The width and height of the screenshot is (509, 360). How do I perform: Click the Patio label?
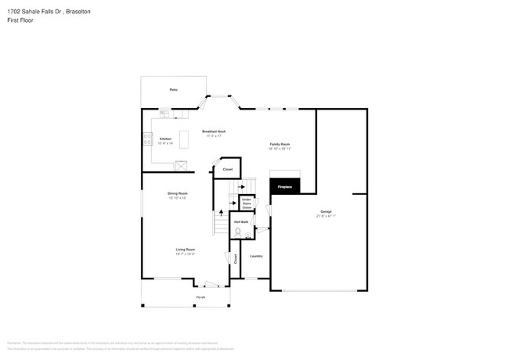173,91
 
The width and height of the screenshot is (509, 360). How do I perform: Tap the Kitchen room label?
165,139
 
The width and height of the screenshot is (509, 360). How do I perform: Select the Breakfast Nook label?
213,131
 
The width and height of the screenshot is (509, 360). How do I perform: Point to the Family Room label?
280,144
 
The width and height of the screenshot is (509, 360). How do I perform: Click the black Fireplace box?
284,186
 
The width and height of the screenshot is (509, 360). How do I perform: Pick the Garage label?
326,212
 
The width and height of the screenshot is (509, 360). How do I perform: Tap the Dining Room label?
177,193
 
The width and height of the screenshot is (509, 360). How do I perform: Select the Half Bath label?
241,222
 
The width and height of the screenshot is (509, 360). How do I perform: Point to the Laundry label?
256,256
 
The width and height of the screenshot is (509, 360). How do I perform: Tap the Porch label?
200,297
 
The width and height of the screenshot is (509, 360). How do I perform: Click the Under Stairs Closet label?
246,203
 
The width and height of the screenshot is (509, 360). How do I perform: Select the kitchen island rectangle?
185,139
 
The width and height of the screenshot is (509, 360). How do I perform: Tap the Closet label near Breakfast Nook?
228,169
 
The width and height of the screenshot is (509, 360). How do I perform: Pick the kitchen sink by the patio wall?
165,114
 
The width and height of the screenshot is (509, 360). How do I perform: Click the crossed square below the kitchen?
182,165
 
